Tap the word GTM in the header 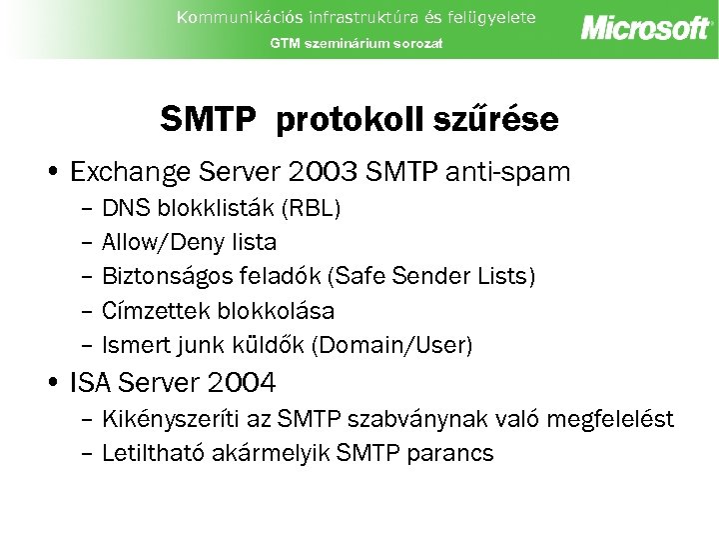click(x=283, y=44)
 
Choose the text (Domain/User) click(x=392, y=345)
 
